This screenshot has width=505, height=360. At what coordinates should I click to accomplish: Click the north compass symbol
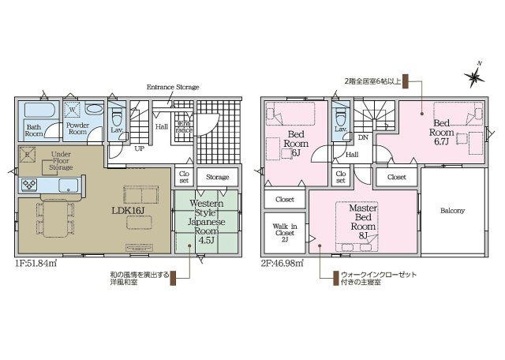click(x=475, y=76)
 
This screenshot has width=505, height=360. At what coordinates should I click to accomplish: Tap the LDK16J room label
click(x=128, y=211)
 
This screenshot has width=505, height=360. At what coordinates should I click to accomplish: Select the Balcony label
click(x=452, y=211)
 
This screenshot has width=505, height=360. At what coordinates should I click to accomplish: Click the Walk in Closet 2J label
click(x=285, y=233)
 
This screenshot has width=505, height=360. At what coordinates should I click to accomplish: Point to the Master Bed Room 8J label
click(x=363, y=222)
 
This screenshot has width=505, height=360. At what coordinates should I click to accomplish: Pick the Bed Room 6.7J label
click(x=441, y=132)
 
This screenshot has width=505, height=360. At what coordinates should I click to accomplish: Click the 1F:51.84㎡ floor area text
click(x=36, y=264)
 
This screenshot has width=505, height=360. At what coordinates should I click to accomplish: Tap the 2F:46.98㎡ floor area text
click(x=282, y=264)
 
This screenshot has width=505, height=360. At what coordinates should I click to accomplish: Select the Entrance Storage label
click(x=173, y=87)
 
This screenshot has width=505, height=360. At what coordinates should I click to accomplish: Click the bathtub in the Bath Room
click(x=38, y=110)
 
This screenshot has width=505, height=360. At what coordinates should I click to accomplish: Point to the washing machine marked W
click(x=73, y=110)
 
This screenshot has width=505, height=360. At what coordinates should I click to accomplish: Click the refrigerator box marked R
click(x=27, y=155)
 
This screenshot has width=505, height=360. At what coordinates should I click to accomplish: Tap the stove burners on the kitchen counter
click(x=29, y=185)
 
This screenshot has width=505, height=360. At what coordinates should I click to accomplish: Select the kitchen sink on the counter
click(x=68, y=186)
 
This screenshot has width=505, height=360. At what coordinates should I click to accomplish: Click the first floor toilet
click(x=116, y=118)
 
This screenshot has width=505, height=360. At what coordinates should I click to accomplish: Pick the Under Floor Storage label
click(x=61, y=160)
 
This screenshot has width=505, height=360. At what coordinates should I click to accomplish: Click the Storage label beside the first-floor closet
click(x=218, y=177)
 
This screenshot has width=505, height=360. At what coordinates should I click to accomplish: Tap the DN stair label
click(x=363, y=137)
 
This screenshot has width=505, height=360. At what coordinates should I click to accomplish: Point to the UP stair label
click(x=139, y=148)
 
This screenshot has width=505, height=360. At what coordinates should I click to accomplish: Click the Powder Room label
click(x=77, y=128)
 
